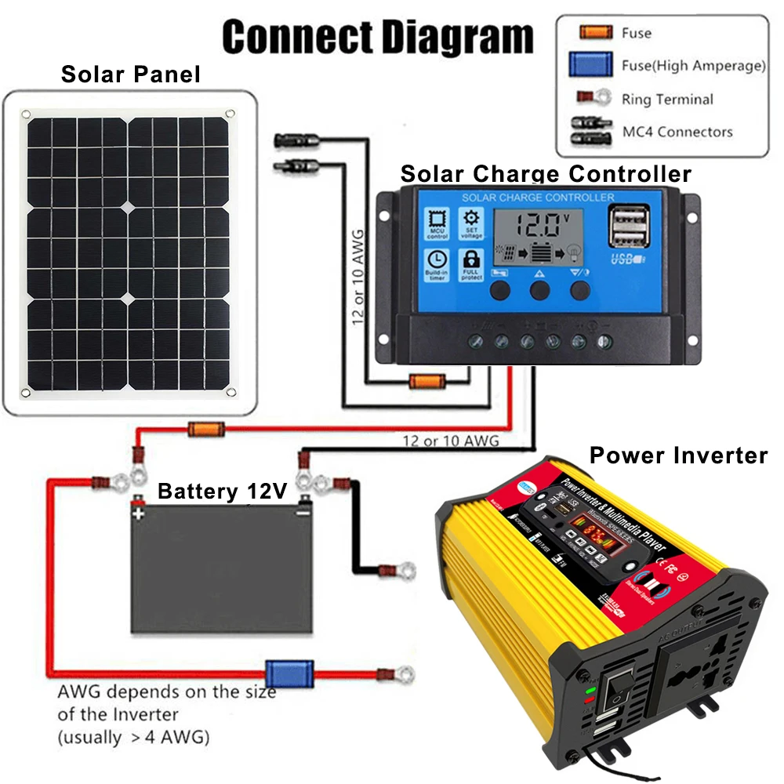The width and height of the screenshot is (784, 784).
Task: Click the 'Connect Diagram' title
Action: pos(377,37)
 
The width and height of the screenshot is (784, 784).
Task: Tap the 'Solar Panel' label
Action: pos(130,74)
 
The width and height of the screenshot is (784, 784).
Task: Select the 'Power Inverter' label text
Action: pos(678,456)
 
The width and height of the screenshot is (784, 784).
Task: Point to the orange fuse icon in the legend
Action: pos(596,33)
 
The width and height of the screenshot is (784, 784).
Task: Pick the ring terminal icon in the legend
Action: pos(594,99)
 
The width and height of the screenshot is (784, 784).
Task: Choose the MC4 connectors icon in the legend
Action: pos(594,131)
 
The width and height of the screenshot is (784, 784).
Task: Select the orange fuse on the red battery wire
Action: pos(206,429)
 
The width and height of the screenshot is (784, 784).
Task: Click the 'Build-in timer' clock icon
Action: pos(437,263)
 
